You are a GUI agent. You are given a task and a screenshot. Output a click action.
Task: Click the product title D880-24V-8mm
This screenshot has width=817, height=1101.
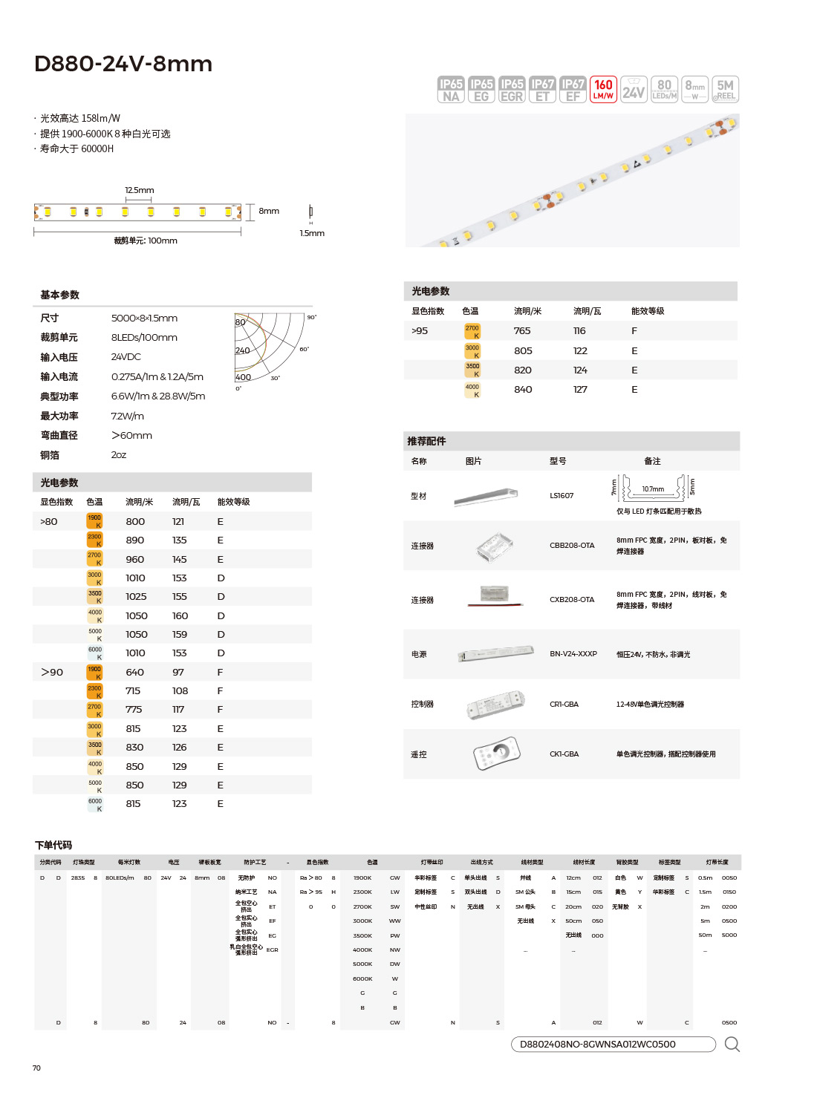point(123,64)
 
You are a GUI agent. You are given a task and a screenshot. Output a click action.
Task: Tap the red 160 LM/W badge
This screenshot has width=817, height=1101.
point(603,90)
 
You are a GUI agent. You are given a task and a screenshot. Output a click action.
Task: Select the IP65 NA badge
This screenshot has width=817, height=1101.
point(451,90)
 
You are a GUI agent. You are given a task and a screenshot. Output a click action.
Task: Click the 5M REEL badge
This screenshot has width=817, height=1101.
point(725,90)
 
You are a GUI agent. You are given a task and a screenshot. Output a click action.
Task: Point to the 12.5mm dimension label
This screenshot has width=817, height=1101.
point(139,190)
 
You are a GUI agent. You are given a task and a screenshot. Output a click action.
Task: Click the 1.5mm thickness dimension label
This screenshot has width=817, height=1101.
point(312,233)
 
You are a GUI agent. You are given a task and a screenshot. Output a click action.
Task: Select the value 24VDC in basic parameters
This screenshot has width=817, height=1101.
point(126,357)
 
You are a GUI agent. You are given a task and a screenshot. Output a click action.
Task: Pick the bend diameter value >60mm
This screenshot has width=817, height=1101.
point(131,436)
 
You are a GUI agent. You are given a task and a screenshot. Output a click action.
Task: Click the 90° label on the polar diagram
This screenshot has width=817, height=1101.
point(311,318)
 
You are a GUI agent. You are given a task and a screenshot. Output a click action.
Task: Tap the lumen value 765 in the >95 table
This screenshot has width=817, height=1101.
point(522,331)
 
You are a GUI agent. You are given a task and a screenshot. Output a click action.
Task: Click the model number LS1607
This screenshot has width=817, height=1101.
point(562,496)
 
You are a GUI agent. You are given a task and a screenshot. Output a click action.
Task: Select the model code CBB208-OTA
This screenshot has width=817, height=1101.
point(572,546)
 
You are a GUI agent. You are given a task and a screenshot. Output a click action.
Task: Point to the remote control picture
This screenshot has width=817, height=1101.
point(496,754)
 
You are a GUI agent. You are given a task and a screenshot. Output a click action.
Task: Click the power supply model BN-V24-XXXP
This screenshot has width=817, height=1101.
point(573,654)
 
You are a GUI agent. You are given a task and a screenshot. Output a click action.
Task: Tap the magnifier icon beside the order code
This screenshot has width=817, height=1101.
point(732,1045)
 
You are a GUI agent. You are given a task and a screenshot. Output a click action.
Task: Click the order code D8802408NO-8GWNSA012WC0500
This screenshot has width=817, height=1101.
point(597,1045)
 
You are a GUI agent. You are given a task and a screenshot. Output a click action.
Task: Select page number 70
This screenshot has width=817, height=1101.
point(36,1068)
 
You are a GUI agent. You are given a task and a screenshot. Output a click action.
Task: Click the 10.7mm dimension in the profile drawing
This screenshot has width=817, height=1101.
point(653,489)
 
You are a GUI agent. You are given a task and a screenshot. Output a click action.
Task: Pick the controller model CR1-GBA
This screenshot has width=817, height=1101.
point(564,705)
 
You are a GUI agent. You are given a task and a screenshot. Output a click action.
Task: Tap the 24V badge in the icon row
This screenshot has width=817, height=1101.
point(634,90)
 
